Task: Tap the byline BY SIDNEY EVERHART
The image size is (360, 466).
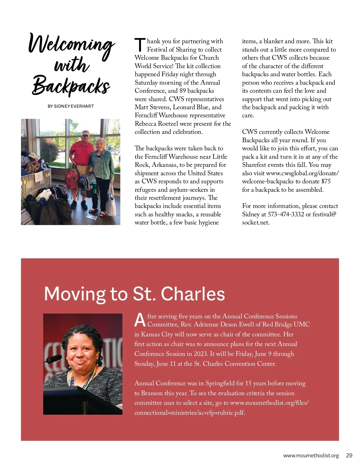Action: pos(71,106)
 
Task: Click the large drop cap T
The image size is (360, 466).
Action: pos(140,45)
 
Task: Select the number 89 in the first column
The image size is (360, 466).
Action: pos(182,91)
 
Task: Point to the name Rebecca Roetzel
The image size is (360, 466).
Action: pos(160,124)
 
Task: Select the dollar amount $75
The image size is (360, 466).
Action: pos(326,181)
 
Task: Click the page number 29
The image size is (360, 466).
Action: pos(349,455)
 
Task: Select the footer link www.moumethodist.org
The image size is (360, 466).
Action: pos(311,455)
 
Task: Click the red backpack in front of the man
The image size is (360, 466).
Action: pos(72,179)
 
